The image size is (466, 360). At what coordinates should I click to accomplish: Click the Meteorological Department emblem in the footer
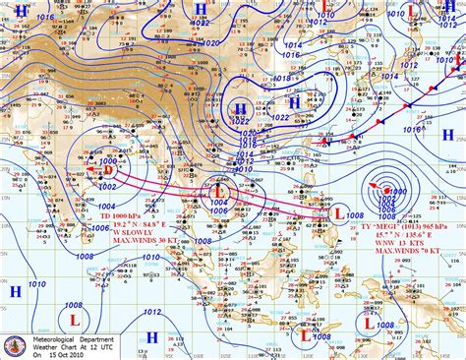[16, 342]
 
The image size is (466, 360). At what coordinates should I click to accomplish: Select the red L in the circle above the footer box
[74, 292]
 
